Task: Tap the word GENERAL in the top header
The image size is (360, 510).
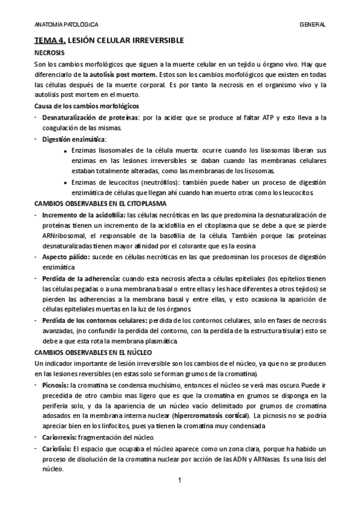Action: pyautogui.click(x=313, y=25)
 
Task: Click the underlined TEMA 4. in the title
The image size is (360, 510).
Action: pyautogui.click(x=50, y=40)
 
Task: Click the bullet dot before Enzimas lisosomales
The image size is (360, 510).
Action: pyautogui.click(x=65, y=150)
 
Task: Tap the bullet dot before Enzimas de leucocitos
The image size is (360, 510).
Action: pyautogui.click(x=65, y=183)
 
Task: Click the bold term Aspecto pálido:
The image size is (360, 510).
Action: pyautogui.click(x=64, y=257)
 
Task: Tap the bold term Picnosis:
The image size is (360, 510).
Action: pyautogui.click(x=55, y=385)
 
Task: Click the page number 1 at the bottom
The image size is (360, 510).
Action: pyautogui.click(x=180, y=481)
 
